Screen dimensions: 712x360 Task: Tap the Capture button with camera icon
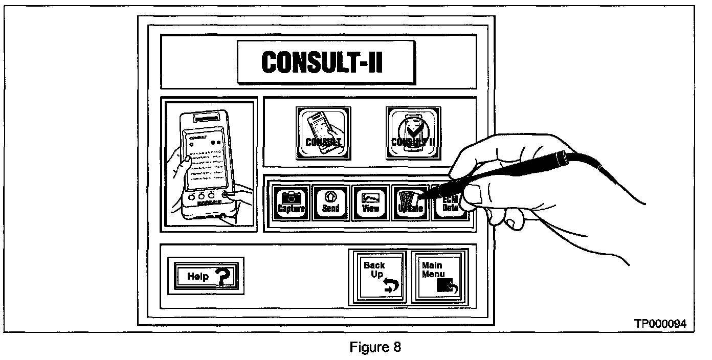click(x=291, y=202)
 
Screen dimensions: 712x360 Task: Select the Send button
click(x=330, y=202)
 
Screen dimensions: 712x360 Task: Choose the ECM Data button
click(x=450, y=204)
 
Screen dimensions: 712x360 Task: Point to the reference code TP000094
click(x=660, y=323)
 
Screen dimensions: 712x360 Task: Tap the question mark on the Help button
click(x=224, y=277)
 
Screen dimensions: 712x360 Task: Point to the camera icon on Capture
click(x=291, y=197)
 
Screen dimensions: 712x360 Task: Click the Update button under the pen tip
click(x=408, y=202)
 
